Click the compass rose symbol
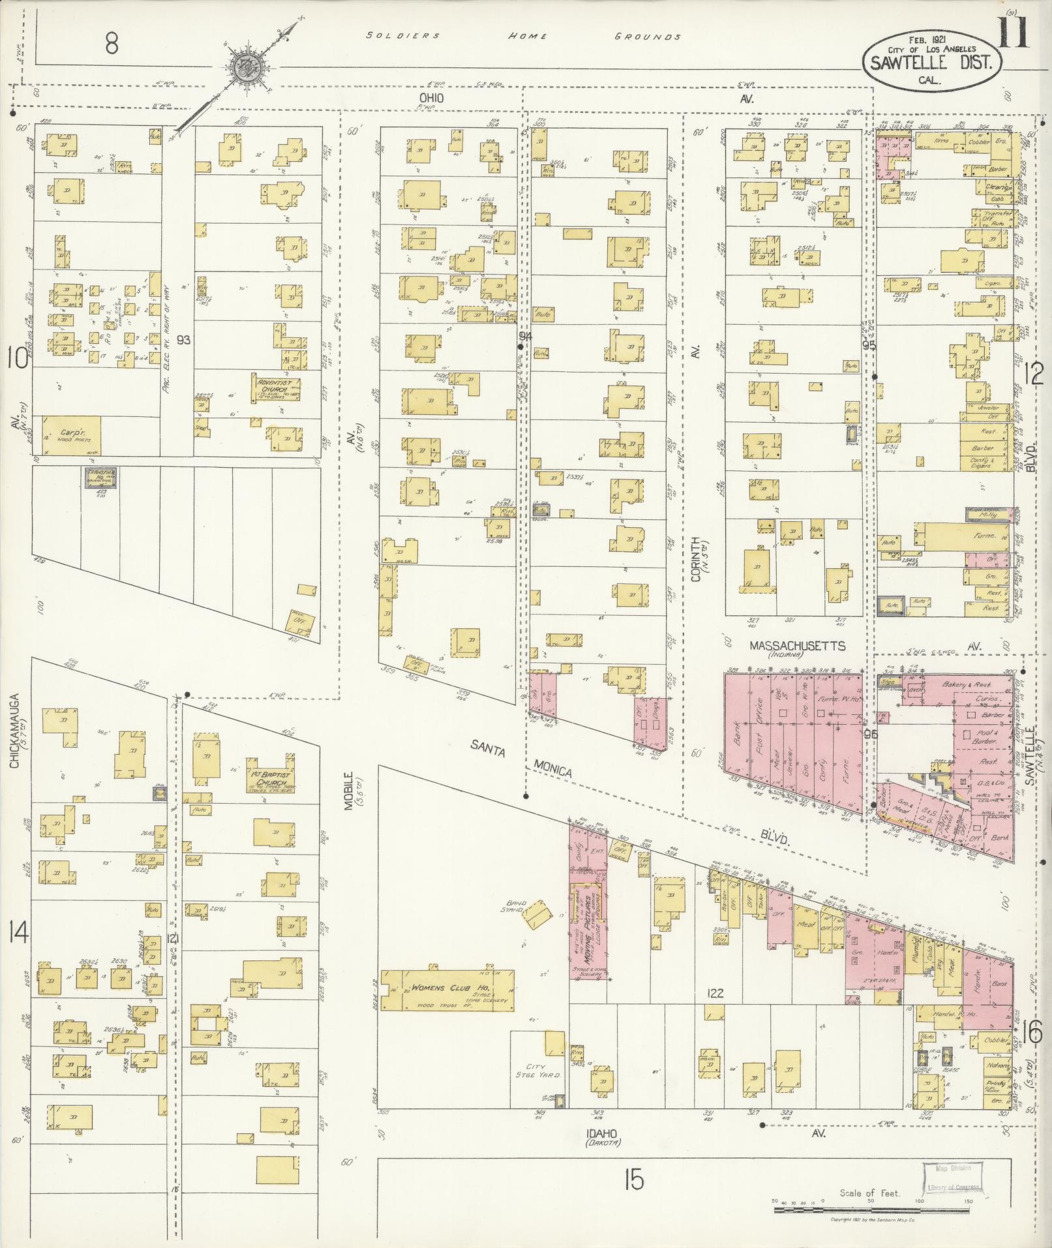[x=248, y=64]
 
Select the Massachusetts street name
[x=797, y=646]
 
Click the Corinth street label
[x=695, y=558]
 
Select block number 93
[x=185, y=340]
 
